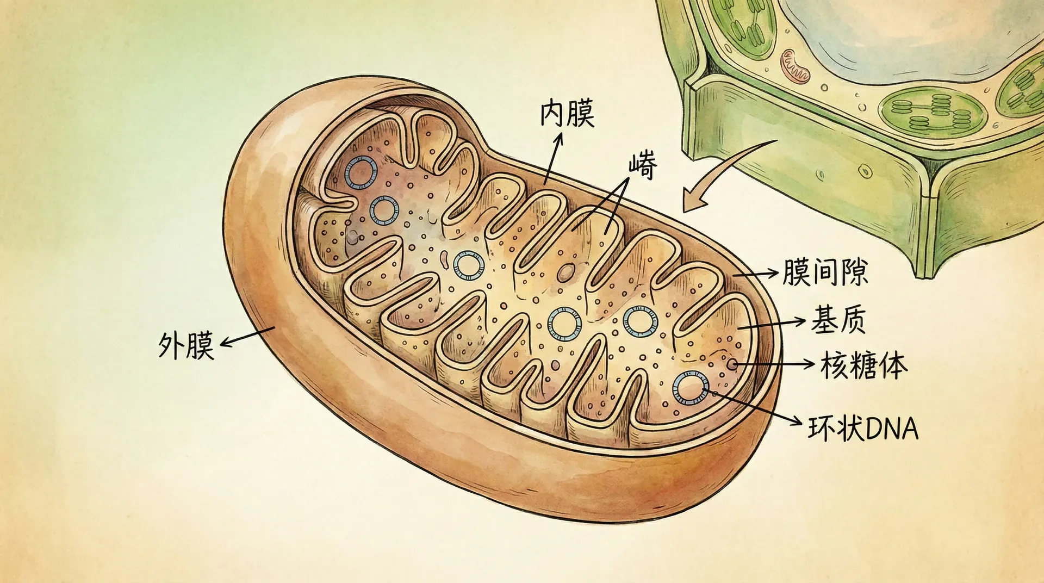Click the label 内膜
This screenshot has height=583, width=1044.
[567, 114]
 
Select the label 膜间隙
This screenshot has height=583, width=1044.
[825, 272]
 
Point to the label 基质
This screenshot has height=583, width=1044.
[838, 319]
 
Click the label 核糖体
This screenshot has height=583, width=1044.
[863, 365]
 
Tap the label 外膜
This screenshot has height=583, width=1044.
[186, 344]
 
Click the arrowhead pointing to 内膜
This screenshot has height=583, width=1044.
[558, 140]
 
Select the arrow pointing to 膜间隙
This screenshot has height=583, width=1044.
[756, 274]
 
